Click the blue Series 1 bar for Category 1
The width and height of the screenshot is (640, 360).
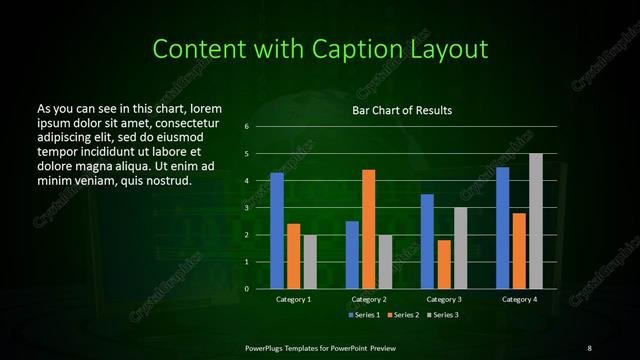(x=277, y=230)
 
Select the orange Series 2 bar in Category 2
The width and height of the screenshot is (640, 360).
(x=369, y=229)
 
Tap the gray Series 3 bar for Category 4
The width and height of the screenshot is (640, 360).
(x=536, y=221)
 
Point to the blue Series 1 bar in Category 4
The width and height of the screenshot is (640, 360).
(x=503, y=228)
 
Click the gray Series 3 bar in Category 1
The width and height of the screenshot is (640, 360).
(x=310, y=261)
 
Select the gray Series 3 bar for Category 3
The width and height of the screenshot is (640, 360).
(x=460, y=248)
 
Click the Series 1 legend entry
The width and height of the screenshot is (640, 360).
(x=365, y=315)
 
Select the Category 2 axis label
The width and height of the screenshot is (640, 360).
(x=369, y=299)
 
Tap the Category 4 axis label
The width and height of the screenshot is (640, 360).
(x=519, y=299)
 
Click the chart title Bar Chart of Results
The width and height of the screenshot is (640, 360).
(x=403, y=110)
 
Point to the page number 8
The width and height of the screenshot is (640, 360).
(x=589, y=347)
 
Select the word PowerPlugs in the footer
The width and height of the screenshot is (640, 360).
(x=267, y=347)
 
